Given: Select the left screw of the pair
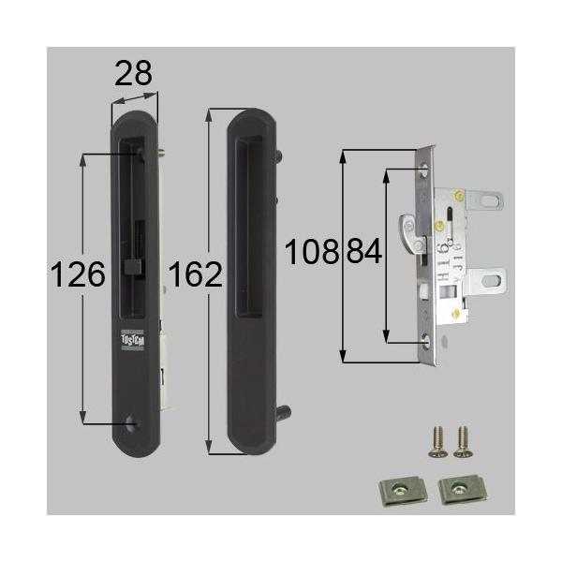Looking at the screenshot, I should click(436, 441).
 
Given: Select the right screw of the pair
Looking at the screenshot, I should click(460, 441).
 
